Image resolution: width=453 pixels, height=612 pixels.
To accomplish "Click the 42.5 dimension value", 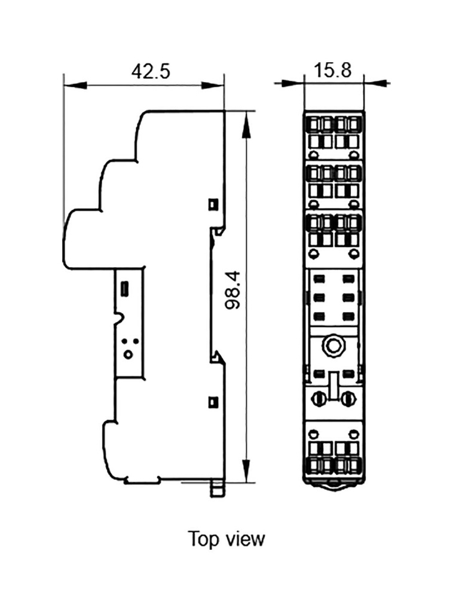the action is [151, 72].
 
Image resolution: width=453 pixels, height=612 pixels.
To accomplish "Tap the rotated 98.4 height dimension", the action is [233, 290].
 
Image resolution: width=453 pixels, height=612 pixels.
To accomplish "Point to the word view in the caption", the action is [244, 539].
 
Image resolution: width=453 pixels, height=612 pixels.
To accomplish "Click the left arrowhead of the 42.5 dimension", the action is [75, 85].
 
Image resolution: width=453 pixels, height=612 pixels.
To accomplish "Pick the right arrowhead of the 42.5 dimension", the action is [213, 85].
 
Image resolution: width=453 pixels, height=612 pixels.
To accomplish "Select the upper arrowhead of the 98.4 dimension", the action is [246, 124].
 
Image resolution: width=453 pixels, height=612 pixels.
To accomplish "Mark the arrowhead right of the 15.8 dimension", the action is [375, 82].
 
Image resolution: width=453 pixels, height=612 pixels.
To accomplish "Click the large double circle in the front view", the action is [333, 345].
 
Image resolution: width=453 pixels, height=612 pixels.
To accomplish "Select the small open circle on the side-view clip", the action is [127, 354].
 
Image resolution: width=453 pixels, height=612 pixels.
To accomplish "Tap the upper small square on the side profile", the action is [213, 204].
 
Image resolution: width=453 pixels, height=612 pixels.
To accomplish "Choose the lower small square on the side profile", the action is [213, 402].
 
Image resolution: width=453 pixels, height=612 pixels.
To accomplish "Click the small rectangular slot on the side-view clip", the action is [126, 288].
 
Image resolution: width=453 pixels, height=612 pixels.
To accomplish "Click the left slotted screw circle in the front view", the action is [318, 399].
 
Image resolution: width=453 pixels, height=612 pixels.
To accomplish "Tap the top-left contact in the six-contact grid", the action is [319, 279].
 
